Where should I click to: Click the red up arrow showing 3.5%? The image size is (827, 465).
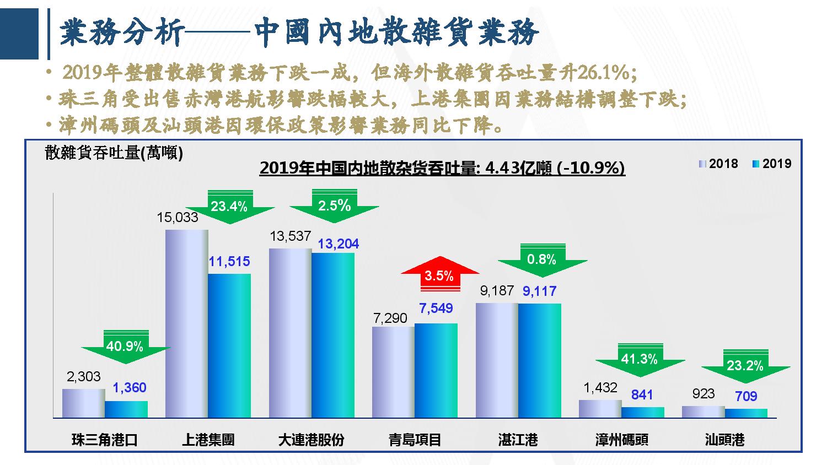[x=439, y=274]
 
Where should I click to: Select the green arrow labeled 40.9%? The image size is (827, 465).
[x=125, y=347]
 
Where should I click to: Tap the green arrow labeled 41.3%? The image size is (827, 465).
[x=640, y=360]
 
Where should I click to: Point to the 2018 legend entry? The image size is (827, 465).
[x=718, y=164]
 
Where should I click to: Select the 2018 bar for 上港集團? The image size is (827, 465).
[x=187, y=323]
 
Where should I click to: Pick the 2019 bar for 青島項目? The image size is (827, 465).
[x=436, y=370]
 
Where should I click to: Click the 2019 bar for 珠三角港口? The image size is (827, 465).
[x=126, y=409]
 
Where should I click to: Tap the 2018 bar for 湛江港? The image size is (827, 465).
[x=497, y=360]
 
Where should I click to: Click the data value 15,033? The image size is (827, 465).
[x=178, y=218]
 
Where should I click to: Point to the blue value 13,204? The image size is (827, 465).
[x=339, y=244]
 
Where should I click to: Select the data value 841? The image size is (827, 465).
[x=642, y=394]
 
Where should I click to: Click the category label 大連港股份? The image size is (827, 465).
[x=312, y=440]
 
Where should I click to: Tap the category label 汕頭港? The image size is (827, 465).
[x=724, y=440]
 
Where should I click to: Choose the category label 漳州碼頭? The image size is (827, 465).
[x=621, y=440]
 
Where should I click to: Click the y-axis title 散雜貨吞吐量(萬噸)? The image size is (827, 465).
[x=114, y=153]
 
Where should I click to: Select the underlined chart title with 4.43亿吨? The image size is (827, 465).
[x=442, y=168]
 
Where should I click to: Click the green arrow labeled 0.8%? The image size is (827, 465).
[x=541, y=259]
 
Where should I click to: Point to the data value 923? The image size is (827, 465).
[x=702, y=393]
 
